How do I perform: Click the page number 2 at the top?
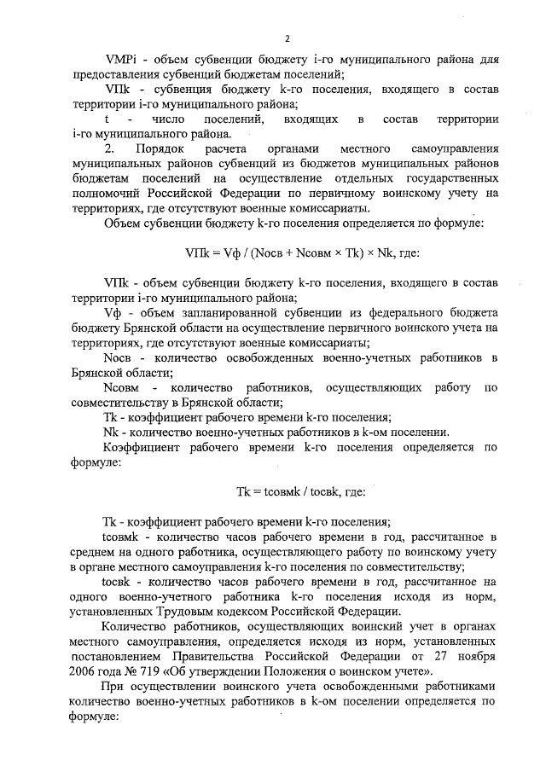point(288,38)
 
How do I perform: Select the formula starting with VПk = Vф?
point(292,252)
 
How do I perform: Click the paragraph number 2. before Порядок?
point(107,148)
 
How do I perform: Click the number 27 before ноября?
point(440,654)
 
